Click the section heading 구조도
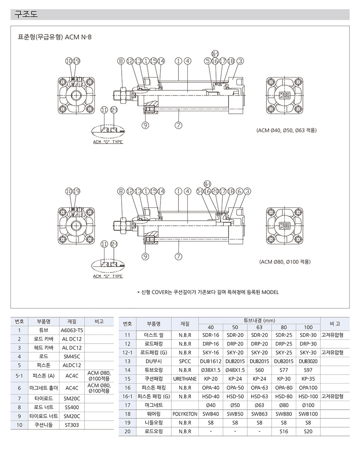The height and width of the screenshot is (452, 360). coord(25,15)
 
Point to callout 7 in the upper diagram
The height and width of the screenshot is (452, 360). coord(178,125)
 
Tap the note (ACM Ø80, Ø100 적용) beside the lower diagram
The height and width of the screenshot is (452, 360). coord(285,262)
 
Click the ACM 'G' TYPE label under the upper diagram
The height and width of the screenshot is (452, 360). coord(108,142)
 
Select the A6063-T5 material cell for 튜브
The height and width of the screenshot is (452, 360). coord(72,330)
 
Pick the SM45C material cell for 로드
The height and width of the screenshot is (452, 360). coord(72,356)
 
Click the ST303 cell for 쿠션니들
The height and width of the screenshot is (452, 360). coord(72,424)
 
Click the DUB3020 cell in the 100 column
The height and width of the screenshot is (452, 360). coord(308,361)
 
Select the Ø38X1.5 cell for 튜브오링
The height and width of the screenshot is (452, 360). coord(211,370)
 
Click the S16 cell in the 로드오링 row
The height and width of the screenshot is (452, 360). coord(284,431)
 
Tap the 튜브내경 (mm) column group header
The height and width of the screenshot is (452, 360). coord(259,320)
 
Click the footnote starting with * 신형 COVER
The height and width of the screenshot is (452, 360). coord(208,292)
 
